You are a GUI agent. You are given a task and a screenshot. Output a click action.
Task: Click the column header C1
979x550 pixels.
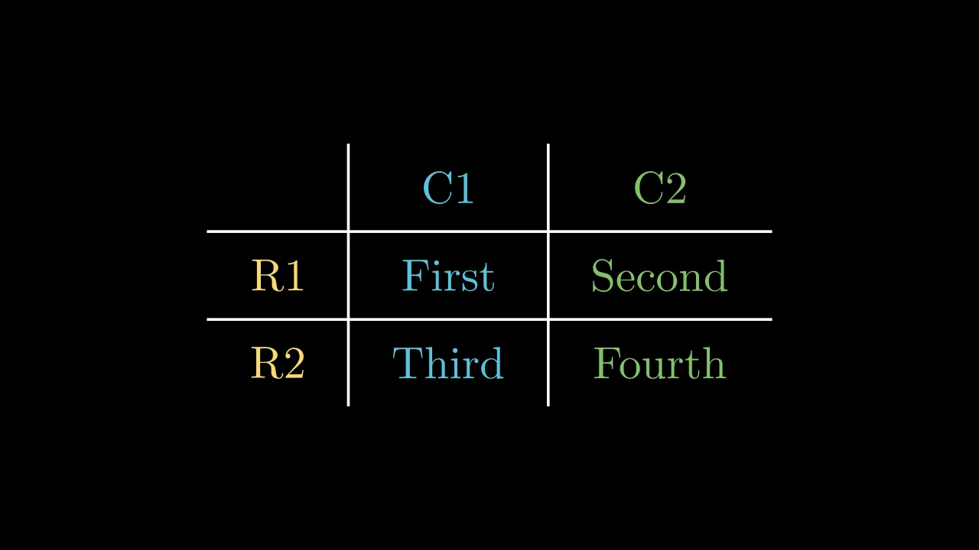tap(448, 188)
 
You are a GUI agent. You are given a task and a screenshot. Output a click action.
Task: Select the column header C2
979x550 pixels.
tap(660, 188)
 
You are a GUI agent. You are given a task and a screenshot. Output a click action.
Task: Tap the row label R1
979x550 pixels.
tap(278, 276)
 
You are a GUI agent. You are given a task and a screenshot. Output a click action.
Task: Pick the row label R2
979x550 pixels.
tap(278, 363)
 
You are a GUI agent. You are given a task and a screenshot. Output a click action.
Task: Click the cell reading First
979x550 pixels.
tap(448, 276)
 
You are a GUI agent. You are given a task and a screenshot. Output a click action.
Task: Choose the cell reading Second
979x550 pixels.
tap(659, 276)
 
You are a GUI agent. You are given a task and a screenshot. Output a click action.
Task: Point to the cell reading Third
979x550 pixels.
tap(448, 363)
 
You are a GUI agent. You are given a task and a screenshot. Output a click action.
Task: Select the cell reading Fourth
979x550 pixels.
tap(659, 363)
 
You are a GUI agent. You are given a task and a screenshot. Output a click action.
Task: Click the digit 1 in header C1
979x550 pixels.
tap(464, 188)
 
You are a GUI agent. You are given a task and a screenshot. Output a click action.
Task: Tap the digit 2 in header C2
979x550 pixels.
tap(675, 188)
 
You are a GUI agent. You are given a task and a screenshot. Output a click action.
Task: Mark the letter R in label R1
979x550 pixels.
tap(267, 276)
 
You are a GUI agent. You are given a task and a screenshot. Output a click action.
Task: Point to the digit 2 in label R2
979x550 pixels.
tap(294, 363)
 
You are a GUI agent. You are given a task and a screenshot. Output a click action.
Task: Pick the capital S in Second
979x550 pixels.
tap(602, 276)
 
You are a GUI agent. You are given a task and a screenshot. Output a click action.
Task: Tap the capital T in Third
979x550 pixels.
tap(408, 363)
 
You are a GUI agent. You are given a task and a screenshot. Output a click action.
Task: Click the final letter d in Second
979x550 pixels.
tap(717, 276)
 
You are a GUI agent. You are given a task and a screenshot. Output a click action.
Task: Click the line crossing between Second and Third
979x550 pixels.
tap(548, 319)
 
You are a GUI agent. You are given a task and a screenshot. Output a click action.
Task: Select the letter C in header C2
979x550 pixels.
tap(648, 188)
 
